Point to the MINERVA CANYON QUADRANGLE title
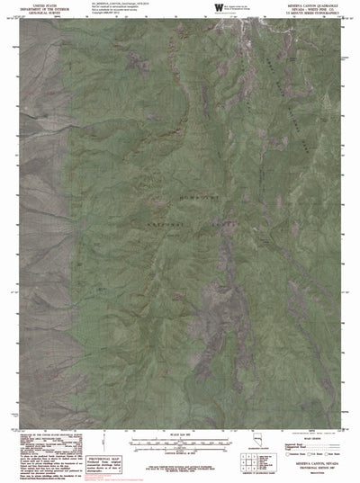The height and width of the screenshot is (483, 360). pyautogui.click(x=321, y=5)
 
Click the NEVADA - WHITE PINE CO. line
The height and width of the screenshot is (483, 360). pyautogui.click(x=321, y=10)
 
